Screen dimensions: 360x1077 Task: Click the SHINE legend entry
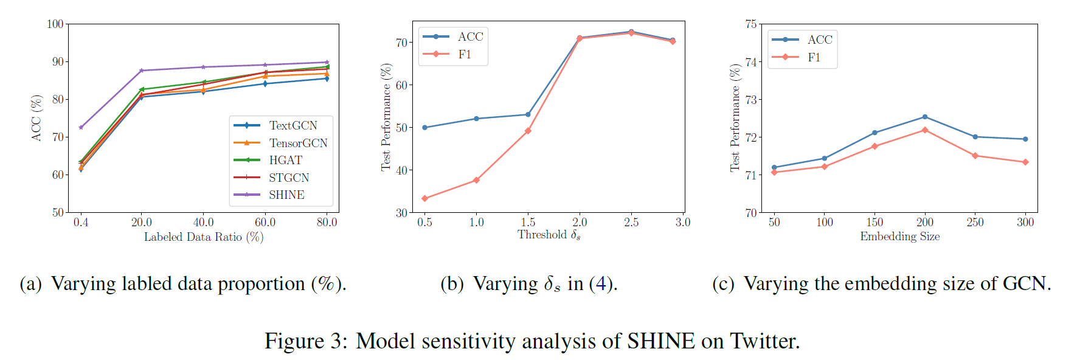pos(286,195)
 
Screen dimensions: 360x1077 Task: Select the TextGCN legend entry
pos(293,125)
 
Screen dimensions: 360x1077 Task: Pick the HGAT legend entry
pos(285,160)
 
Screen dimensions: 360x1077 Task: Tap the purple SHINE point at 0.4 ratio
pos(81,128)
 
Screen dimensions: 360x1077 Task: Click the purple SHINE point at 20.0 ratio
pos(142,71)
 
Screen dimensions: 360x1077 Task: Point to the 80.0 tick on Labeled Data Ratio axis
pos(327,222)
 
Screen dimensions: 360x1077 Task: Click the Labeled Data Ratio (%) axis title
pos(203,237)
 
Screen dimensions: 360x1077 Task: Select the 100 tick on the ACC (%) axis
pos(55,24)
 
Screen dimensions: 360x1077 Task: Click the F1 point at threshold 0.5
pos(424,199)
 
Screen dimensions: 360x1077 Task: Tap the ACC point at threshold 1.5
pos(528,114)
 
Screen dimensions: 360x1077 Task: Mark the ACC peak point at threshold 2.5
pos(631,32)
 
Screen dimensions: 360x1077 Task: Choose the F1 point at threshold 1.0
pos(476,180)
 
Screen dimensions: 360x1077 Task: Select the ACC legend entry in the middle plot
pos(470,36)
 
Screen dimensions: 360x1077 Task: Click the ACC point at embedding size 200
pos(925,117)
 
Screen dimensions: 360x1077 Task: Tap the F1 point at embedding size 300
pos(1025,162)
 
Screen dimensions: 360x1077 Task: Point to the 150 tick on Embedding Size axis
pos(874,222)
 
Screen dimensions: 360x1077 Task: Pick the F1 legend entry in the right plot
pos(814,57)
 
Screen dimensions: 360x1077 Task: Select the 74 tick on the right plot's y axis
pos(751,62)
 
